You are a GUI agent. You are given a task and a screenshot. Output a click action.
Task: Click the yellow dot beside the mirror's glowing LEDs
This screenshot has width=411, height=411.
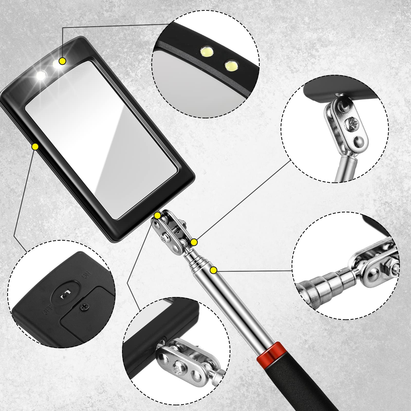[x=62, y=61]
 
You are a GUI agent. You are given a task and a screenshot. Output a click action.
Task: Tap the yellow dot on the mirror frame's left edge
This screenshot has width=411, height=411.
[x=35, y=147]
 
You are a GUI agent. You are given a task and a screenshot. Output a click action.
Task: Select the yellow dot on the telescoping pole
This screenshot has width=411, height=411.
[x=213, y=270]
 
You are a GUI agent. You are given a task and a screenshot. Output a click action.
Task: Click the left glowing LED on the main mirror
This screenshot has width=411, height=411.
[x=41, y=76]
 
